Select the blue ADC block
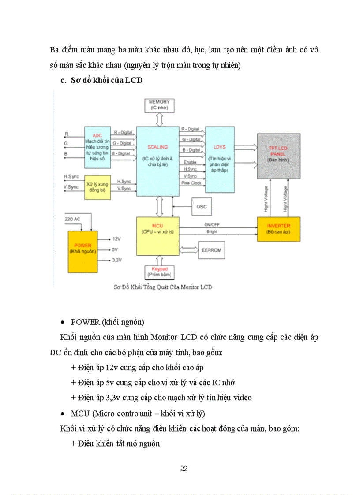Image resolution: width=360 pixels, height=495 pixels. click(97, 147)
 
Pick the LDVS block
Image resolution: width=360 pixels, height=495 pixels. click(220, 159)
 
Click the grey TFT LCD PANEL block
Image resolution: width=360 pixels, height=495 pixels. click(278, 156)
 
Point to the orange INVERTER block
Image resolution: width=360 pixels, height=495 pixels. click(278, 229)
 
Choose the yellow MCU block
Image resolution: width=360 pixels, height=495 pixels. click(157, 235)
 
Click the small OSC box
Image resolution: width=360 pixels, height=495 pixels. click(201, 207)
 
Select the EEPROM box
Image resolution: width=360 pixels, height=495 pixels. click(211, 250)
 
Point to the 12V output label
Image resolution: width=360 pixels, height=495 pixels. click(116, 238)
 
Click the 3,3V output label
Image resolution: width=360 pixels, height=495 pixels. click(117, 260)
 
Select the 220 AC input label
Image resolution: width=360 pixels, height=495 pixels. click(72, 219)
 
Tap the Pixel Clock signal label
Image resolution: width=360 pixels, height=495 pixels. click(191, 182)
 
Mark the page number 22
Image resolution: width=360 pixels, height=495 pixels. click(184, 469)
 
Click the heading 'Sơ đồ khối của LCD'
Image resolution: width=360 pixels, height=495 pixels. click(106, 81)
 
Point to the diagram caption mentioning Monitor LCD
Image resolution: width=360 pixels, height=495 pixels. click(163, 287)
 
